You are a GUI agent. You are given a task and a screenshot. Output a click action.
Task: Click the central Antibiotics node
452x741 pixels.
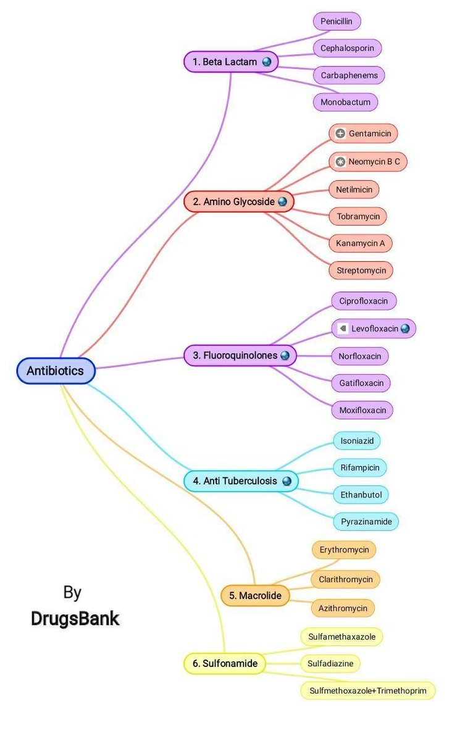[56, 371]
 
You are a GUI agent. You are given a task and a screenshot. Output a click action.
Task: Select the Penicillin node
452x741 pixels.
[336, 22]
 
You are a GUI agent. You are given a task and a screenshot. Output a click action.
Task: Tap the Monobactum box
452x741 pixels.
[345, 102]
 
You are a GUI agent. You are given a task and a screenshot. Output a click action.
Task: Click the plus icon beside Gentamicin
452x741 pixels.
[340, 133]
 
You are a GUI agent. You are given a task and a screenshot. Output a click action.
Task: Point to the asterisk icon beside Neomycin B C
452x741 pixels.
[340, 162]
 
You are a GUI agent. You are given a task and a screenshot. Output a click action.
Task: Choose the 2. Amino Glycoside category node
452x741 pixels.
[238, 202]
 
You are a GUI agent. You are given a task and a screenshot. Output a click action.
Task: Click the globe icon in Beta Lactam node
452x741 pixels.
[267, 62]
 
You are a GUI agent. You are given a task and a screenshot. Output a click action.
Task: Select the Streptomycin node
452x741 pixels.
[361, 270]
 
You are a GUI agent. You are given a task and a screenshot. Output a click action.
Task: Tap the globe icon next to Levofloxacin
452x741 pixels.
[405, 329]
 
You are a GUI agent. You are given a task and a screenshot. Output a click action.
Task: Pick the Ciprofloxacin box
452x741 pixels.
[364, 301]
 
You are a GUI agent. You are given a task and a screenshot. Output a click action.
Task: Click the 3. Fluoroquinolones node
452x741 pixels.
[240, 355]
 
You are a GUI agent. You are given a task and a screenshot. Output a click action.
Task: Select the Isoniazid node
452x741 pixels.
[357, 441]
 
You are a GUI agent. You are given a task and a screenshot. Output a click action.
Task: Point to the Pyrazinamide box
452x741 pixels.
[366, 522]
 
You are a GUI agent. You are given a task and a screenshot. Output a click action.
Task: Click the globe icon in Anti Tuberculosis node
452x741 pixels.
[287, 481]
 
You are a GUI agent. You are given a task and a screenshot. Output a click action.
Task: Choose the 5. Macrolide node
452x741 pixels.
[255, 596]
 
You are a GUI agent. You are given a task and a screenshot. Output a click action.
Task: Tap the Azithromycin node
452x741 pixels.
[343, 608]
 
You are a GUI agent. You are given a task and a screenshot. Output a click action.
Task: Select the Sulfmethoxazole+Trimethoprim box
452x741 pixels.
[368, 690]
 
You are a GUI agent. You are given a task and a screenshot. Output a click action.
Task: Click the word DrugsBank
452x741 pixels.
[75, 619]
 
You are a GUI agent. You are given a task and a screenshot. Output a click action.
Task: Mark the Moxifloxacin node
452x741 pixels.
[362, 410]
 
